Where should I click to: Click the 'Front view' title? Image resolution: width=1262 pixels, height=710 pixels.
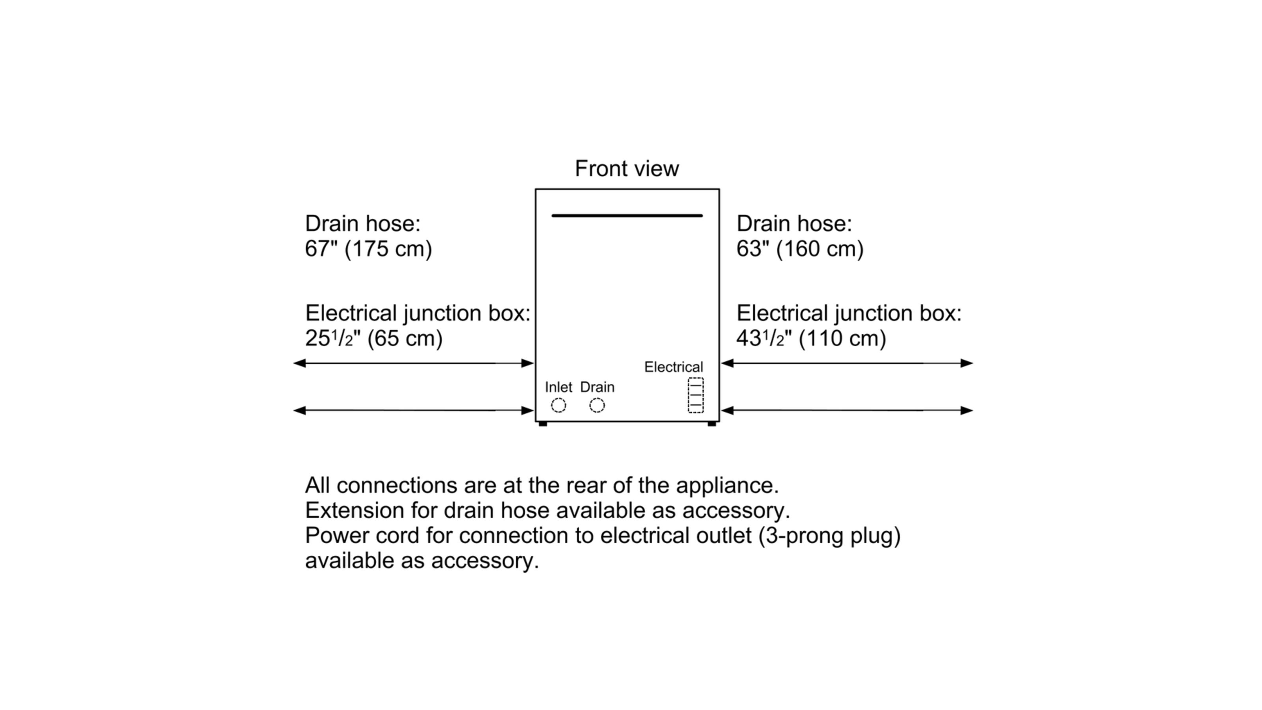pyautogui.click(x=627, y=168)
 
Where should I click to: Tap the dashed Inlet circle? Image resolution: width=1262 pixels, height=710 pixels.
pyautogui.click(x=558, y=405)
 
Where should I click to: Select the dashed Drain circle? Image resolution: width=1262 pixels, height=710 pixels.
pyautogui.click(x=597, y=405)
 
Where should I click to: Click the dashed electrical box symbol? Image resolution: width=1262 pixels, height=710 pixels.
pyautogui.click(x=696, y=395)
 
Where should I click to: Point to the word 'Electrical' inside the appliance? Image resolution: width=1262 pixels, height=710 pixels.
pyautogui.click(x=673, y=367)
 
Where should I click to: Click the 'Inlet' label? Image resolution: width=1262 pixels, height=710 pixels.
pyautogui.click(x=558, y=387)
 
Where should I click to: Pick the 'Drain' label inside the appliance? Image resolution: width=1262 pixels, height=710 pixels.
pyautogui.click(x=597, y=387)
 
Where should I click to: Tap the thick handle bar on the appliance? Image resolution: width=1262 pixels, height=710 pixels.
pyautogui.click(x=627, y=216)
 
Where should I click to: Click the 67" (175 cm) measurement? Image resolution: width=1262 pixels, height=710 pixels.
pyautogui.click(x=368, y=249)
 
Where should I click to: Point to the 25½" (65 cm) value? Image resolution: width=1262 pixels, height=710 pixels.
pyautogui.click(x=373, y=338)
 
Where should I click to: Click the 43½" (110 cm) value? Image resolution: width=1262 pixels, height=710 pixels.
pyautogui.click(x=811, y=338)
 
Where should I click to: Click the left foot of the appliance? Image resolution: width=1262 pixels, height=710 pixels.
pyautogui.click(x=543, y=424)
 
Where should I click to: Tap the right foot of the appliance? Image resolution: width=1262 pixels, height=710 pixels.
pyautogui.click(x=712, y=424)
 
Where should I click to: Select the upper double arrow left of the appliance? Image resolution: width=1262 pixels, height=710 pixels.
pyautogui.click(x=413, y=363)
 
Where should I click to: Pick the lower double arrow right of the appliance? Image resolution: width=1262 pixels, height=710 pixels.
pyautogui.click(x=847, y=411)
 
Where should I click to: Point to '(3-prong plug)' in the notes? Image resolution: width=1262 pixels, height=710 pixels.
pyautogui.click(x=829, y=536)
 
